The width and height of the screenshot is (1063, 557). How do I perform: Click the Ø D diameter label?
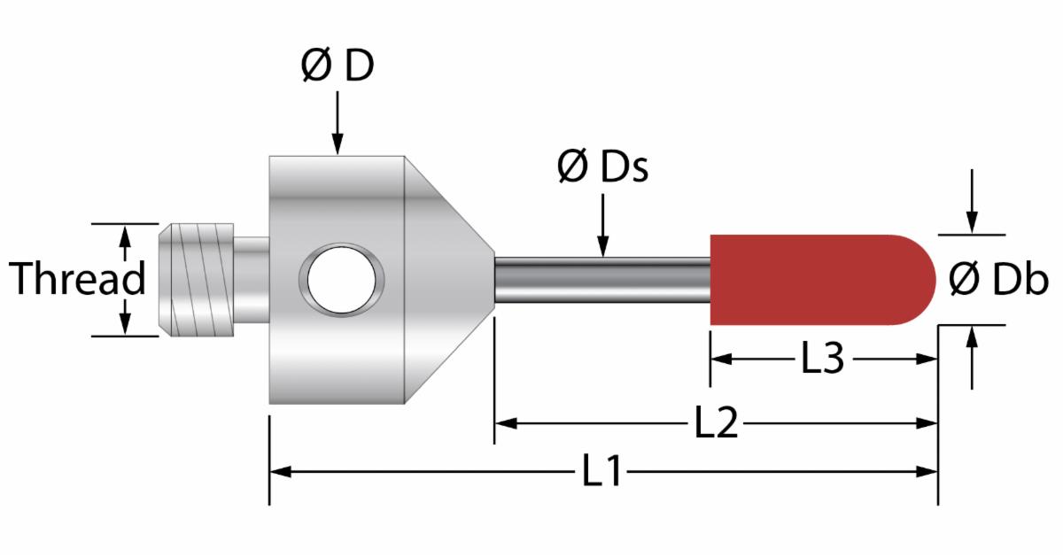point(338,65)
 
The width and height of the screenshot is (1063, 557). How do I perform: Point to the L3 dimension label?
point(823,359)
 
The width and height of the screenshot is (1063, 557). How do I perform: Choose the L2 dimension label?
point(716,422)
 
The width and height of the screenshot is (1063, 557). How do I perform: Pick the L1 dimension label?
point(601,470)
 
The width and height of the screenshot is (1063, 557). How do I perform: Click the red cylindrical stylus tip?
point(823,280)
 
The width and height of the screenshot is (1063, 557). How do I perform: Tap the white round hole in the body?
point(342,280)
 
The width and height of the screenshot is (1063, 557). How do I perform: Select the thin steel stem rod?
point(602,280)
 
